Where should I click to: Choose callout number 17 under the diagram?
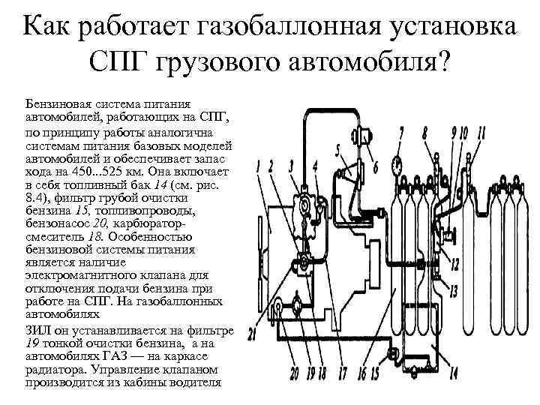pos(343,373)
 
